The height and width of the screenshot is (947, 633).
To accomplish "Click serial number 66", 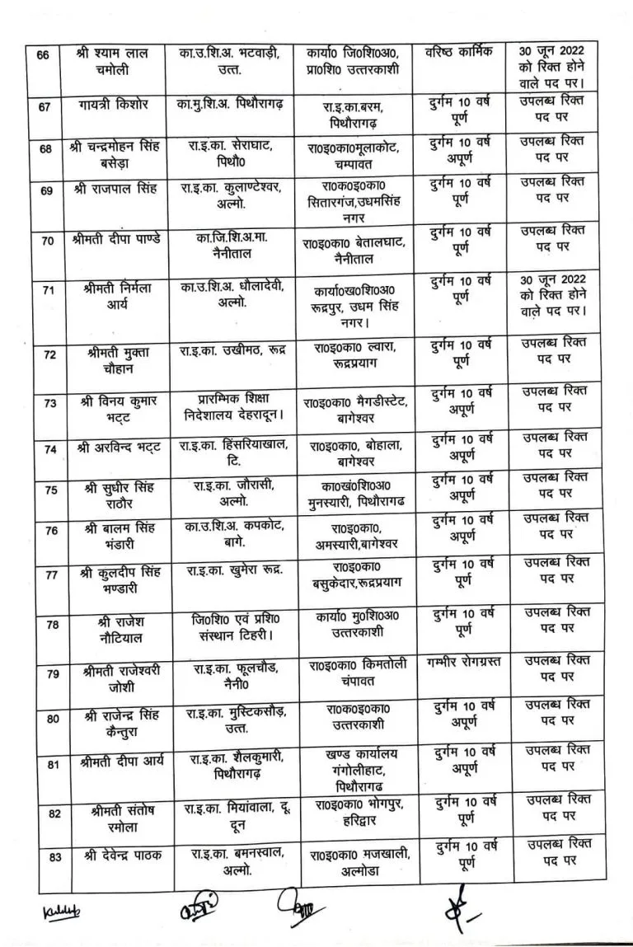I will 45,56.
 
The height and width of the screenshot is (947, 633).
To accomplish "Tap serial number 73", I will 50,404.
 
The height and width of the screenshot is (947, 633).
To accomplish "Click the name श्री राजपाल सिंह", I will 122,190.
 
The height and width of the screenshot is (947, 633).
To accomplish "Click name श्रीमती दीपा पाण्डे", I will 122,240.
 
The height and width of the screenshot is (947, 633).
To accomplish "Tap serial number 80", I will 52,719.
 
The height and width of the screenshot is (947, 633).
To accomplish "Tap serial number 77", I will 52,574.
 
